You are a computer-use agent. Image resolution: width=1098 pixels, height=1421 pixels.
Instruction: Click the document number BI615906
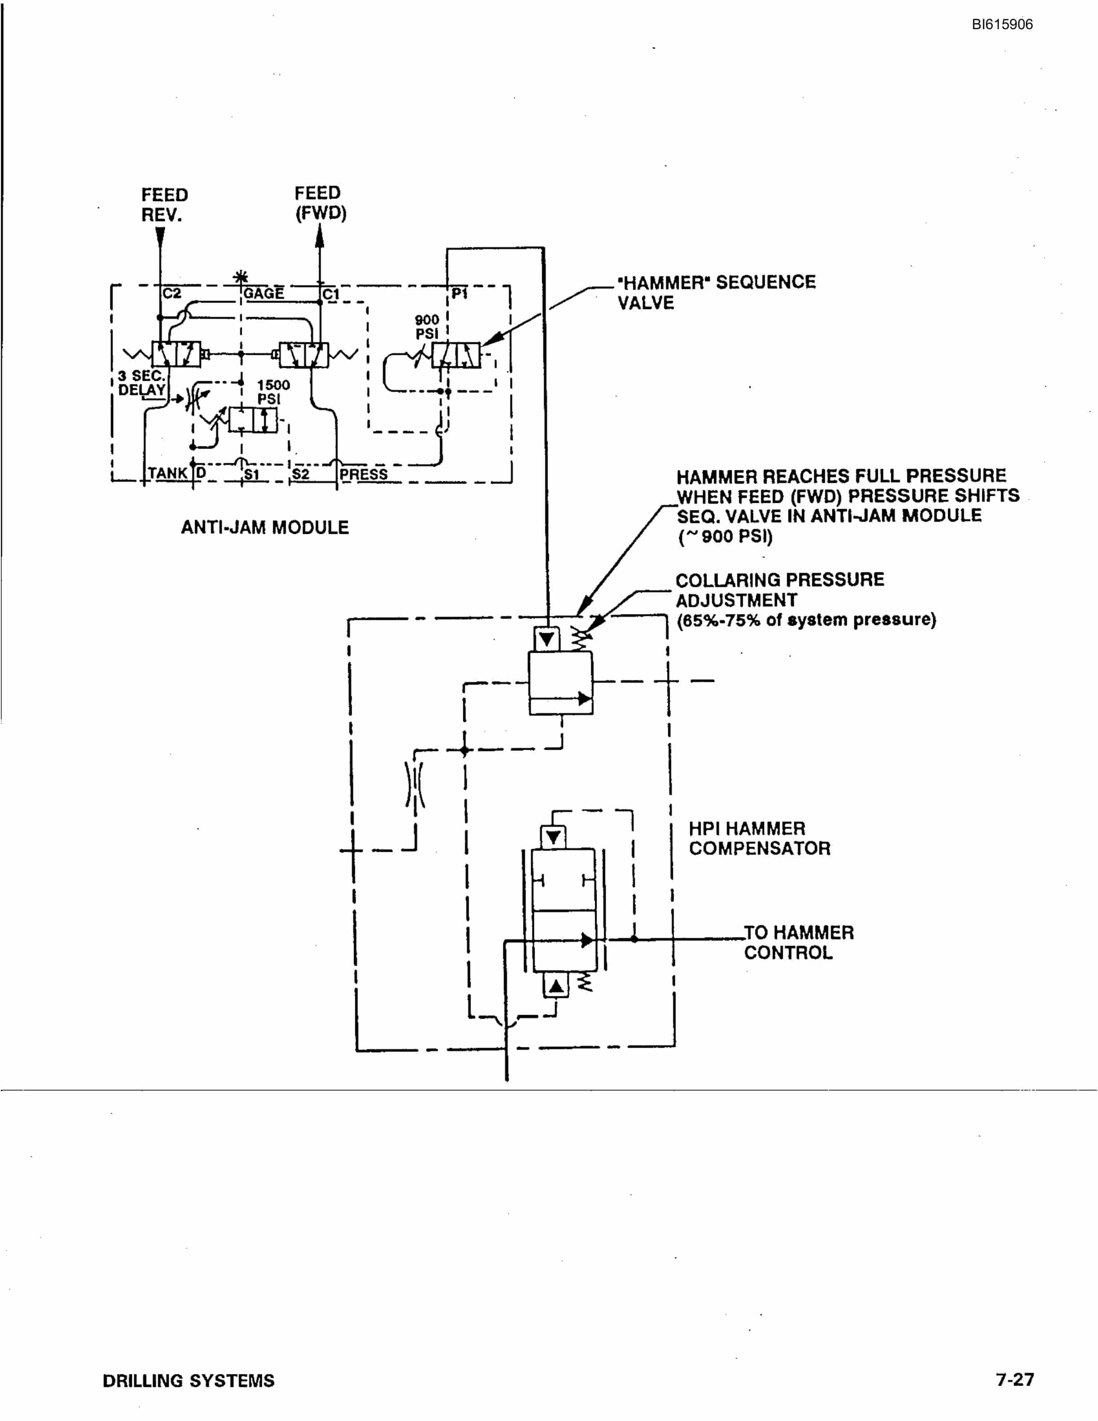pyautogui.click(x=1002, y=25)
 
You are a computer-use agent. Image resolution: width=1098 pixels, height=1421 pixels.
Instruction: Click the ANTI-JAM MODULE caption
pyautogui.click(x=265, y=527)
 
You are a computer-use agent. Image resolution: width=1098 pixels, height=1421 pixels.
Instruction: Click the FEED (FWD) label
pyautogui.click(x=320, y=203)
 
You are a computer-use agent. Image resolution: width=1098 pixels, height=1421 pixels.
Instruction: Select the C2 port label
pyautogui.click(x=172, y=293)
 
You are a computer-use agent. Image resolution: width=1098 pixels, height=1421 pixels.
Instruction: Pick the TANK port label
pyautogui.click(x=168, y=473)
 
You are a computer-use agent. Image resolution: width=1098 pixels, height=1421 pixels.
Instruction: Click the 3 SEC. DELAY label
pyautogui.click(x=142, y=383)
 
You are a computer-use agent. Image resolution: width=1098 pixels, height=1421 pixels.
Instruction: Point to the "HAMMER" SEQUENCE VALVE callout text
pyautogui.click(x=716, y=292)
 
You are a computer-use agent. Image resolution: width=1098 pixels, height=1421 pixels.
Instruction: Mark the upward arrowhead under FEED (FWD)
pyautogui.click(x=319, y=236)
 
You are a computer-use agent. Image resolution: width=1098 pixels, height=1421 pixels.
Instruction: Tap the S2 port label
pyautogui.click(x=301, y=474)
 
